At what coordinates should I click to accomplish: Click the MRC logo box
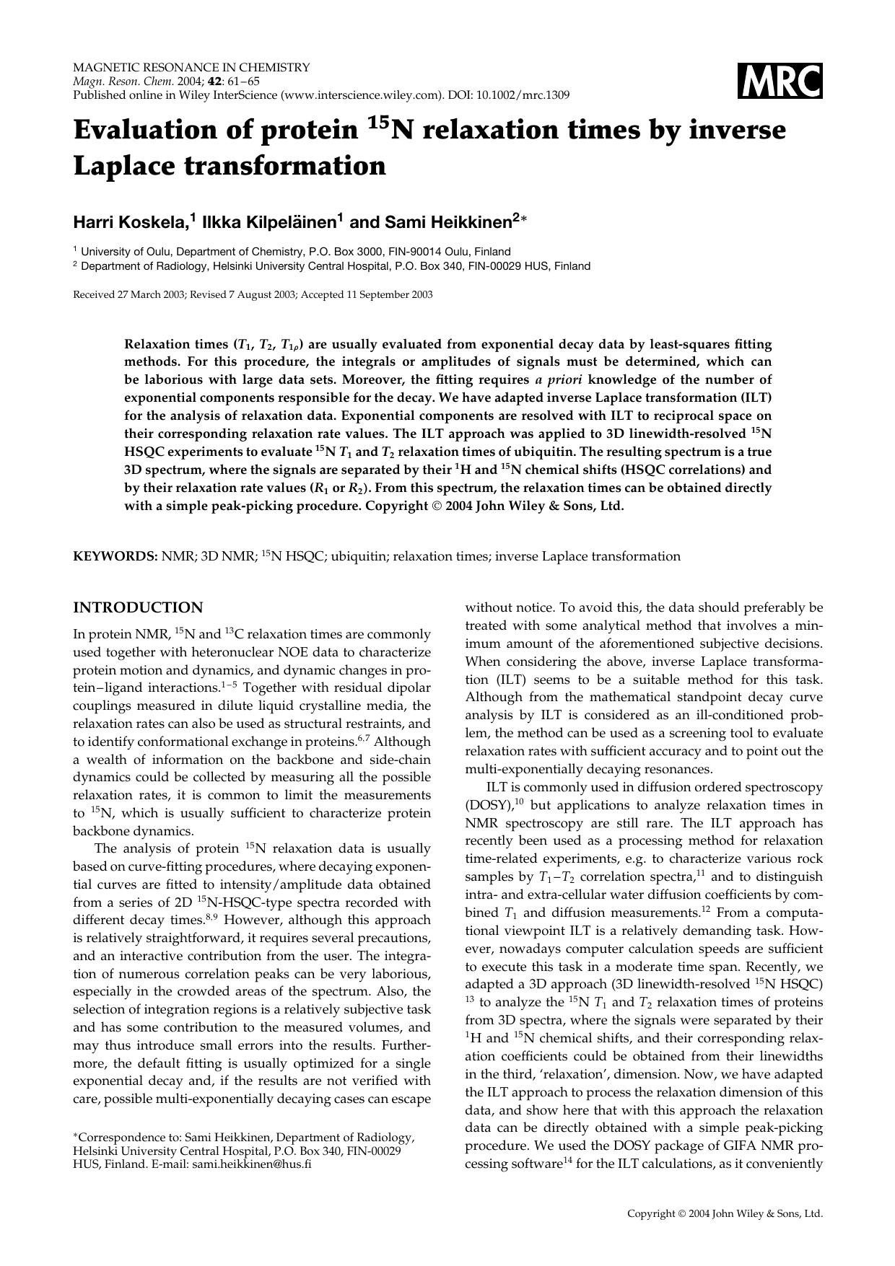(780, 81)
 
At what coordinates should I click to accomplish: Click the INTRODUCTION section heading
(138, 607)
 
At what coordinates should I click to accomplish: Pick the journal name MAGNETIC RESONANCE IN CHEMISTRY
(191, 67)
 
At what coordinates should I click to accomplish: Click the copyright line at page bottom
(725, 1213)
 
